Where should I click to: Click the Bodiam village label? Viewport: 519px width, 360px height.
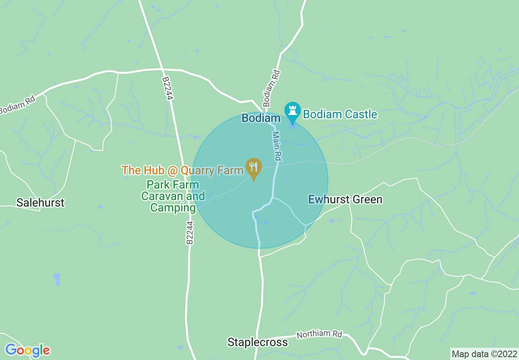click(x=261, y=118)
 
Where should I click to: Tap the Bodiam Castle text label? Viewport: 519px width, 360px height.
click(x=340, y=114)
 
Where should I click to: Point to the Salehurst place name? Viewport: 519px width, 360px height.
click(x=40, y=202)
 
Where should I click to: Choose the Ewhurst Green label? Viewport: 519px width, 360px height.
click(x=345, y=200)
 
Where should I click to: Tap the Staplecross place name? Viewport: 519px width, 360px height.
click(x=257, y=342)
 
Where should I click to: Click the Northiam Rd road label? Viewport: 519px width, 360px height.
click(x=319, y=334)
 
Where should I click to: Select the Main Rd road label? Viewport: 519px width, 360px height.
click(x=278, y=145)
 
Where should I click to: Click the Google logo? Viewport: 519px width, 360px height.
click(x=27, y=350)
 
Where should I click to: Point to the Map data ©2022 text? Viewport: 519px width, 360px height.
click(x=484, y=353)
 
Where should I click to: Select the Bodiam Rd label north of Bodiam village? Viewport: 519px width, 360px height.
click(x=271, y=88)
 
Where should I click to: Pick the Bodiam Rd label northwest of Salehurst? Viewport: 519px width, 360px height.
click(x=17, y=105)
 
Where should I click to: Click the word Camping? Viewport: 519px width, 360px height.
click(x=173, y=208)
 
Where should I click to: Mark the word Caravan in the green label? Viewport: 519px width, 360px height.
click(x=162, y=196)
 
